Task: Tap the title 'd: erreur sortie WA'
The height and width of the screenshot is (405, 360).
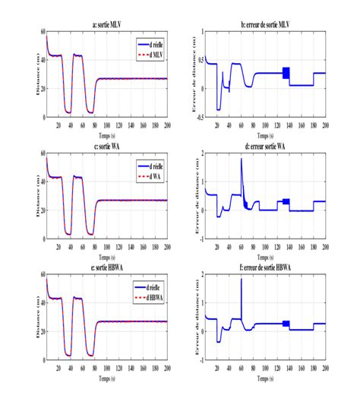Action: coord(262,146)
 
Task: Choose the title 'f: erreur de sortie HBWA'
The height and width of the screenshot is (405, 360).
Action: coord(262,267)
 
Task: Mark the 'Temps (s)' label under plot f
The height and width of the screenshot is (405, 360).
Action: coord(262,377)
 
